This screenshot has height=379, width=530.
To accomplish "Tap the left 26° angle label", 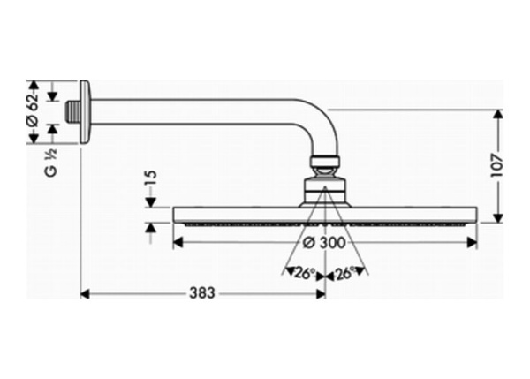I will [x=303, y=274].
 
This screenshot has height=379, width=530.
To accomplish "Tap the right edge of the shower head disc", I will [x=477, y=215].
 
